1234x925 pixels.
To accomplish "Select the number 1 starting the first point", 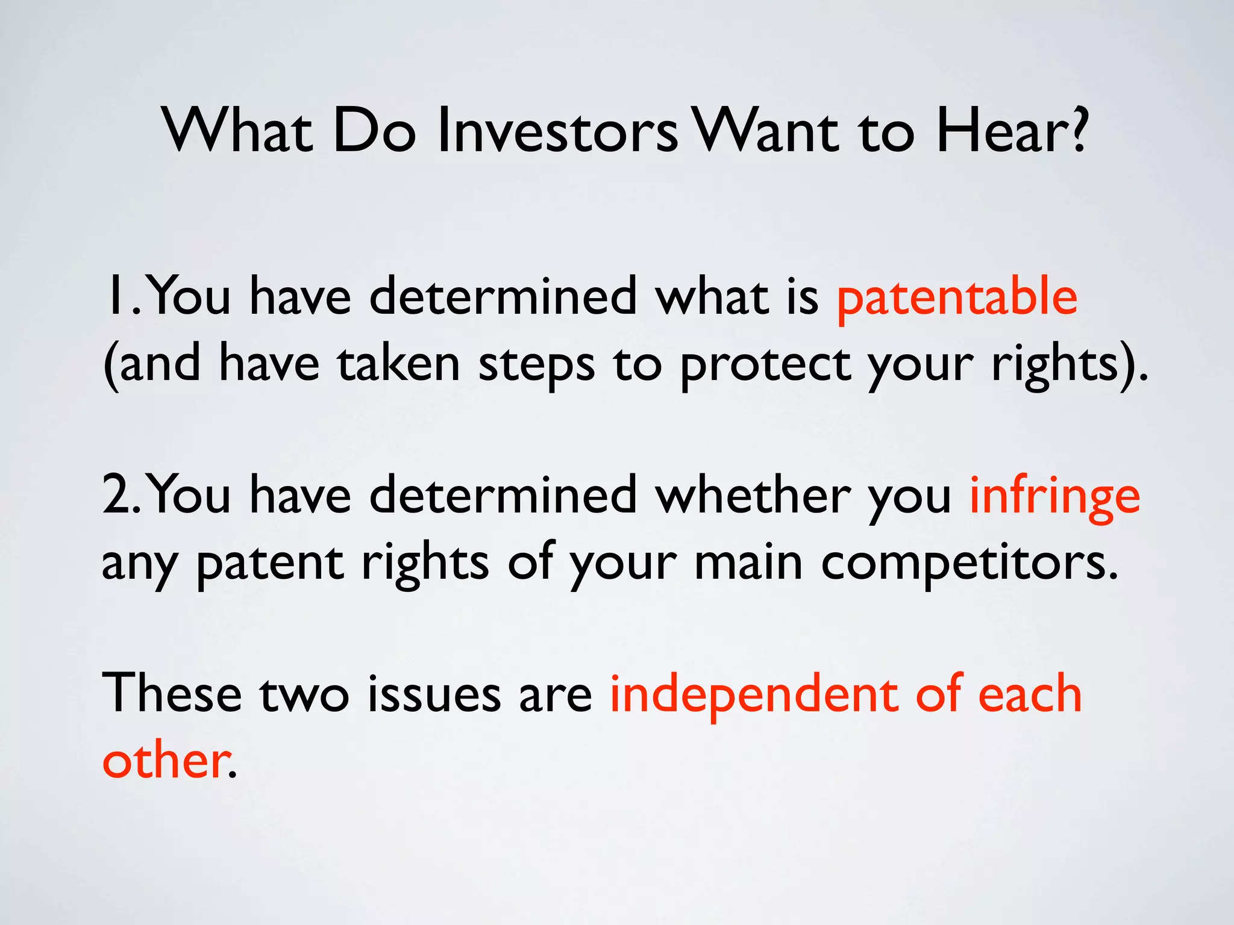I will coord(113,296).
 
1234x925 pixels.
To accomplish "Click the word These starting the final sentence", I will coord(172,694).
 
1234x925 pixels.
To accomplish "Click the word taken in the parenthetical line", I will coord(398,364).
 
